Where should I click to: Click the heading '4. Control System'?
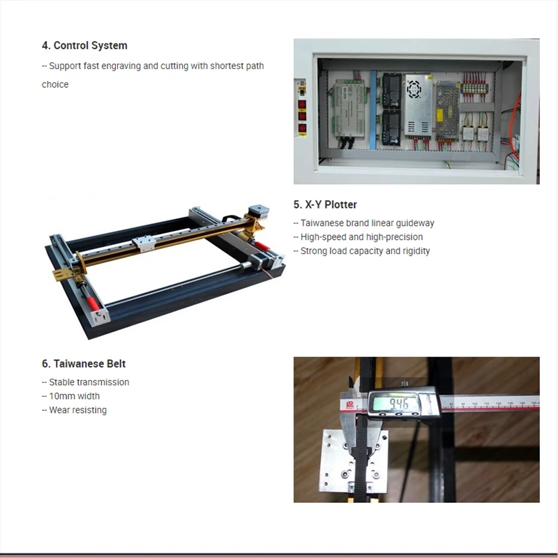coord(84,45)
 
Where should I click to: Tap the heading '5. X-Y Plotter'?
coord(325,204)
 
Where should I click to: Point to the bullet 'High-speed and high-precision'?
coord(358,237)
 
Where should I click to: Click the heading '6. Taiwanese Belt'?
coord(84,363)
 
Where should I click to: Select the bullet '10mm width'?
coord(71,396)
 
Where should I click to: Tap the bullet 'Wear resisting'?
coord(74,410)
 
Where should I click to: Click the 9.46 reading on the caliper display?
coord(398,404)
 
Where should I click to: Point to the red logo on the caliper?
coord(350,405)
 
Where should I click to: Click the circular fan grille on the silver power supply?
coord(414,89)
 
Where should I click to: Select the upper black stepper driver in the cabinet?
coord(392,91)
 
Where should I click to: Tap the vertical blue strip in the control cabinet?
coord(373,110)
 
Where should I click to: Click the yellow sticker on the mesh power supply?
coord(439,114)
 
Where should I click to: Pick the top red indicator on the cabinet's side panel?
coord(302,104)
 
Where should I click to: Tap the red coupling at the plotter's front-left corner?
coord(92,303)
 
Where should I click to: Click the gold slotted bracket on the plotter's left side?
coord(65,273)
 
